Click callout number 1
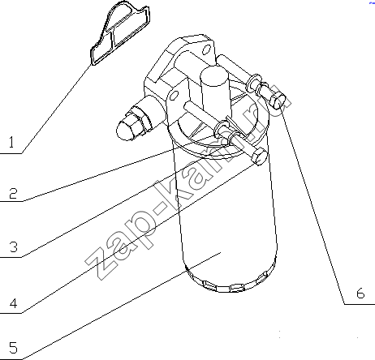point(11,142)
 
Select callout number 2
point(13,194)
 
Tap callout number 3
point(14,246)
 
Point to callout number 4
point(14,303)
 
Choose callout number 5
point(13,348)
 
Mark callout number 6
point(360,293)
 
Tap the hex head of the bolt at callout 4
point(259,156)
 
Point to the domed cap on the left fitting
point(125,131)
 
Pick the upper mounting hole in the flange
point(206,50)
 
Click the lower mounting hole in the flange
point(175,95)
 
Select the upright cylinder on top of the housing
point(216,89)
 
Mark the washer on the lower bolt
point(222,129)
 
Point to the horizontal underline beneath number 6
point(360,304)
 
